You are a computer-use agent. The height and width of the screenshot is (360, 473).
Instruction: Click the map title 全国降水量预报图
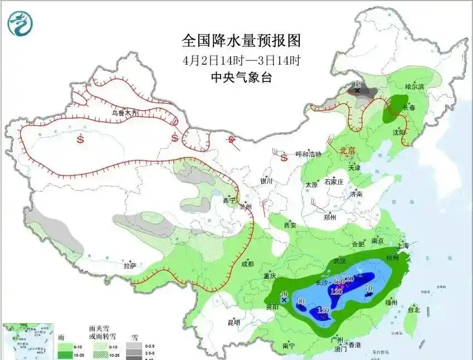(241, 41)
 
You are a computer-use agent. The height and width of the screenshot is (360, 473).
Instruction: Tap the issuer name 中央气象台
(241, 78)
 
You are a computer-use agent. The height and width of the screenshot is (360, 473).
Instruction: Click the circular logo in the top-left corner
(20, 23)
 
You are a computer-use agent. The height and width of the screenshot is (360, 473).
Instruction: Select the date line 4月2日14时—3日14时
(241, 60)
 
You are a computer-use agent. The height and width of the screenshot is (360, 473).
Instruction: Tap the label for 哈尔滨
(414, 87)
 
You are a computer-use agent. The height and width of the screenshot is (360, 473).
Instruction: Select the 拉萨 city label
(129, 266)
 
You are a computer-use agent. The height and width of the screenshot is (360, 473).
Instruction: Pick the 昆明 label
(233, 322)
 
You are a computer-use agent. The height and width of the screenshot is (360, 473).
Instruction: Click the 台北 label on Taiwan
(414, 310)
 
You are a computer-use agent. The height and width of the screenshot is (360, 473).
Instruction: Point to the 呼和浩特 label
(308, 154)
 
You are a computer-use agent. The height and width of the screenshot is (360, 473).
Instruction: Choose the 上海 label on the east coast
(403, 245)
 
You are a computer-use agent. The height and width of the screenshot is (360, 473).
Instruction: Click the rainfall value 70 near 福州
(368, 288)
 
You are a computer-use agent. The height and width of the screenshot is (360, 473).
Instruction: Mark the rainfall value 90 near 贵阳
(301, 301)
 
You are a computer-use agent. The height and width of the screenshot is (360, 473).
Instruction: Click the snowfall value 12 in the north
(357, 84)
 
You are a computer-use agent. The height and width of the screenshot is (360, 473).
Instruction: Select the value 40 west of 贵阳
(284, 294)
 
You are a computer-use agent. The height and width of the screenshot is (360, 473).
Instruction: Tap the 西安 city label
(290, 226)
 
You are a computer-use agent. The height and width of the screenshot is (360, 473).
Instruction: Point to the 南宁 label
(289, 346)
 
